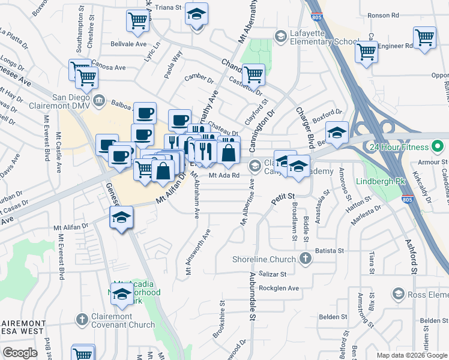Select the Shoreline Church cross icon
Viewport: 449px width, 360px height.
click(306, 259)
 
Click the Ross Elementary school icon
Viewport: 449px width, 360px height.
click(397, 293)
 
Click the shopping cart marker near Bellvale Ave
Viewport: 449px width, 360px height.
click(138, 21)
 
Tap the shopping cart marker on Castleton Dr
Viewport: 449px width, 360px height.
click(254, 74)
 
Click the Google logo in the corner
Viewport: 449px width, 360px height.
click(20, 353)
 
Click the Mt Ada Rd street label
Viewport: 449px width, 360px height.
click(224, 175)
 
